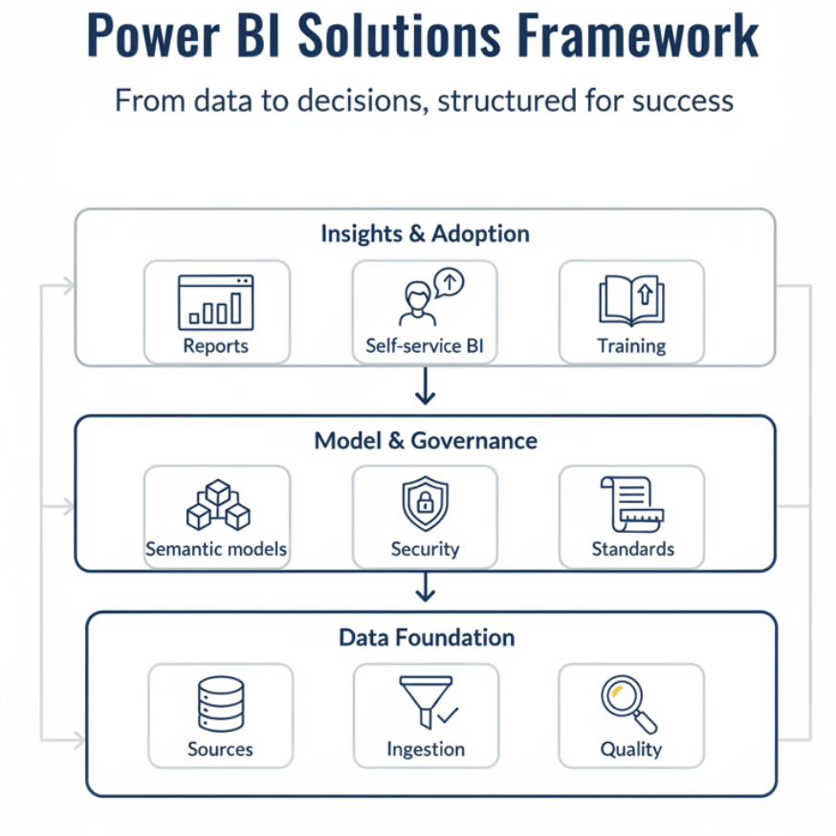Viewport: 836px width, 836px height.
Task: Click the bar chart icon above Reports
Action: coord(216,302)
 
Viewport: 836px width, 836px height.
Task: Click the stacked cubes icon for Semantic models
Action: coord(217,504)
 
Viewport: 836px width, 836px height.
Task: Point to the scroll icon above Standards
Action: coord(631,504)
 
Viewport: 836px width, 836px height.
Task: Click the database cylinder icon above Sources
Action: coord(220,704)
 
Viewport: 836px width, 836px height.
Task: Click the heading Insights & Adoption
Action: coord(425,233)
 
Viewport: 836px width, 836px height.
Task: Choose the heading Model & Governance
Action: coord(426,441)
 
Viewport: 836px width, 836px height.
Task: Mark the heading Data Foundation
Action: coord(427,637)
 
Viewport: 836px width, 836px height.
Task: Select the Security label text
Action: coord(425,550)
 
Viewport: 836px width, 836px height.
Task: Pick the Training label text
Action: coord(631,346)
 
